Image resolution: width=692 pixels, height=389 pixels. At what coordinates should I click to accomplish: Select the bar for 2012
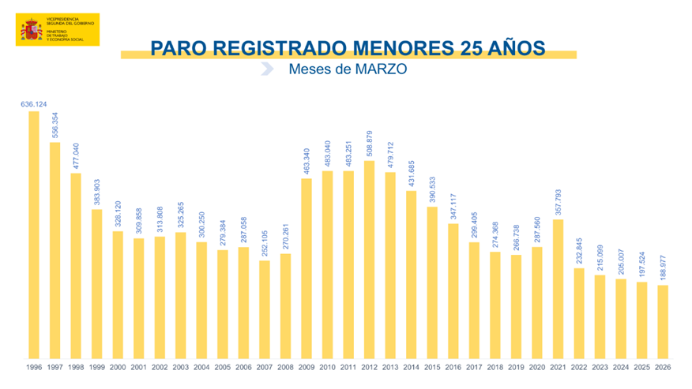(x=369, y=260)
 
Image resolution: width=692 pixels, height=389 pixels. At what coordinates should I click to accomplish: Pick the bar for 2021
(x=558, y=289)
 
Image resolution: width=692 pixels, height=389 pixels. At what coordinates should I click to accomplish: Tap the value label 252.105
(x=265, y=241)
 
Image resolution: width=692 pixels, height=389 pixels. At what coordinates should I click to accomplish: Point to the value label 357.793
(x=558, y=202)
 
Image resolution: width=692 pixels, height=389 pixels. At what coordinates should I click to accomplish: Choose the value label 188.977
(x=663, y=267)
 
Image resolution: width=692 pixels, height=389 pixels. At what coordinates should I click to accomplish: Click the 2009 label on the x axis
(x=307, y=368)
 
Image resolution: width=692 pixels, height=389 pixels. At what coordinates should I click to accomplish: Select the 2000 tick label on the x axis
(x=118, y=368)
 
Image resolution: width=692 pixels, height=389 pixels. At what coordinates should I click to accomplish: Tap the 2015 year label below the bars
(x=432, y=368)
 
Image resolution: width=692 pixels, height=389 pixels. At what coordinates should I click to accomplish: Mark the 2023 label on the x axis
(x=600, y=368)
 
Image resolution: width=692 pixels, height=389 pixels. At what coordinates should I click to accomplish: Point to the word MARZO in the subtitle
(x=379, y=69)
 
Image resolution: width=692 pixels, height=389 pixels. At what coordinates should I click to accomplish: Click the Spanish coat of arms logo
(x=32, y=30)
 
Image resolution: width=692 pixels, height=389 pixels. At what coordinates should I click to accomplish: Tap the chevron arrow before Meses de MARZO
(x=269, y=69)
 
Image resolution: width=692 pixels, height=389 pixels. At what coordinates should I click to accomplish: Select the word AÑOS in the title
(x=516, y=48)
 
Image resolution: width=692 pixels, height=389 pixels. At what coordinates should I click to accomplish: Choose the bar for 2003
(x=181, y=295)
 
